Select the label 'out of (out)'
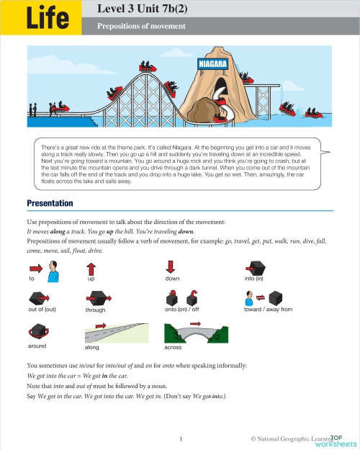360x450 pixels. (x=42, y=310)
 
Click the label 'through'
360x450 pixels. (x=95, y=310)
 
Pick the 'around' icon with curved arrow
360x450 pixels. (x=37, y=330)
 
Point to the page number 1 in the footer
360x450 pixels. (x=181, y=438)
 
